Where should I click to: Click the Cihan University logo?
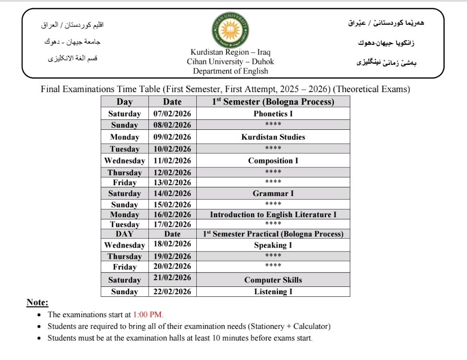pos(230,30)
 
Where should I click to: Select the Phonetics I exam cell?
pos(273,114)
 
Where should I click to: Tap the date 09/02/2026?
pos(172,137)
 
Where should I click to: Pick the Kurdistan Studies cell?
pos(273,137)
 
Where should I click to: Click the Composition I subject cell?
pos(273,161)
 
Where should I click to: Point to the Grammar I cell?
pos(273,193)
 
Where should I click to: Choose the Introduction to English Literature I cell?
pos(273,215)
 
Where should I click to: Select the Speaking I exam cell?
pos(273,245)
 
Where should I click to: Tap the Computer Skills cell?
pos(273,280)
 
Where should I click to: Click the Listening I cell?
pos(273,292)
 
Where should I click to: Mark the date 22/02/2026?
pos(172,292)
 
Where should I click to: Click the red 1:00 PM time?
pos(148,315)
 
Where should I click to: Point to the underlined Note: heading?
pos(37,302)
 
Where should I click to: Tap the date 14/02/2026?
pos(172,193)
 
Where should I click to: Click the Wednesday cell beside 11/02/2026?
pos(125,161)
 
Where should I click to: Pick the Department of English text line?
pos(230,71)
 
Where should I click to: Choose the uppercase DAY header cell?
pos(125,234)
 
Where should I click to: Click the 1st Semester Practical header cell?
pos(273,234)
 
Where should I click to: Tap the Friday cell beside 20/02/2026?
pos(125,267)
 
